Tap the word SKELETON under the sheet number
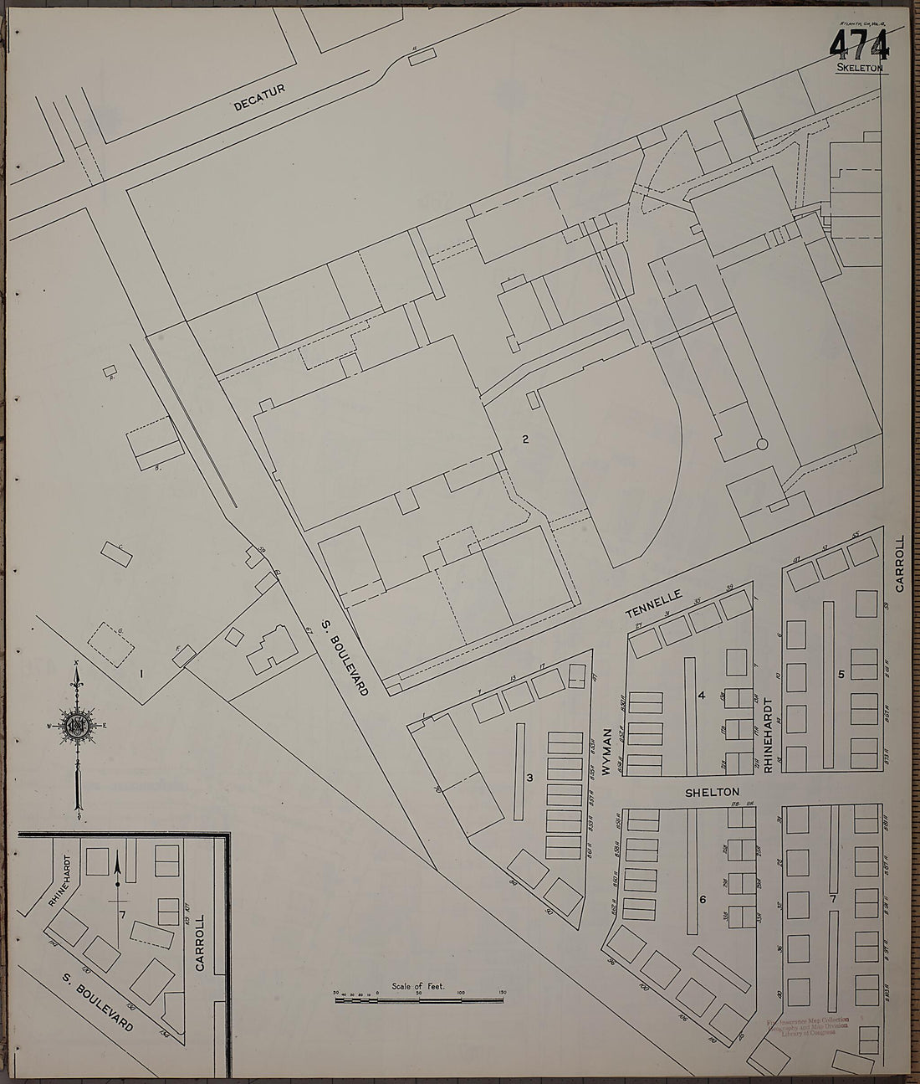coord(858,68)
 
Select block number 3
coord(529,778)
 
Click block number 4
coord(703,694)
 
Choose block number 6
coord(703,899)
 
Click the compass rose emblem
coord(77,725)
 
